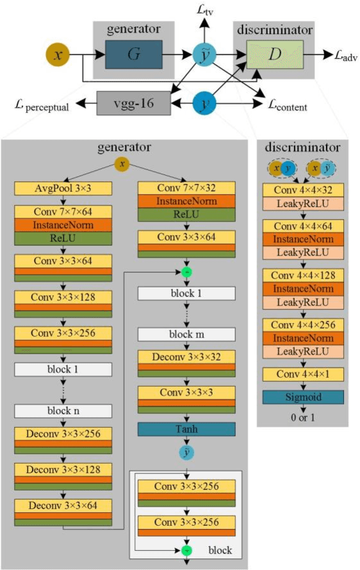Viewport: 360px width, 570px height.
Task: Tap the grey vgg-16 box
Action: coord(134,103)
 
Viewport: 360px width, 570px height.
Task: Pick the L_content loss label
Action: coord(286,107)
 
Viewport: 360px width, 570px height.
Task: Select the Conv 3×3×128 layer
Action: coord(63,298)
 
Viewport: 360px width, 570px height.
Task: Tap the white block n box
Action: coord(63,411)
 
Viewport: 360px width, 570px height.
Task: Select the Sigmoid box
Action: coord(303,397)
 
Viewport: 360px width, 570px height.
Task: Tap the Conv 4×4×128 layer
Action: coord(303,275)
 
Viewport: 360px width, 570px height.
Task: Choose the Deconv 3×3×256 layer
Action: coord(63,434)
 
